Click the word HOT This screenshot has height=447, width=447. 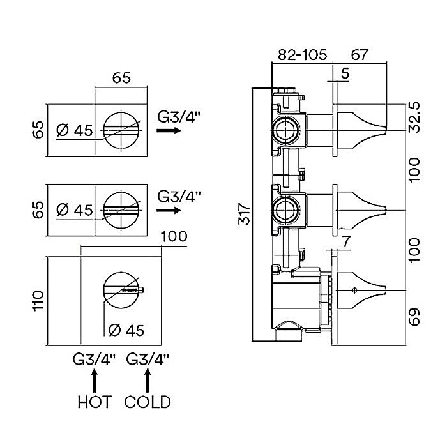pos(95,402)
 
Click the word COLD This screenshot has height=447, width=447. pos(148,402)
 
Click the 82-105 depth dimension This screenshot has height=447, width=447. pos(302,55)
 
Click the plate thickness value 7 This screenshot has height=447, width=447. pos(345,242)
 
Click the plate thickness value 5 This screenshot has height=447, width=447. pos(345,74)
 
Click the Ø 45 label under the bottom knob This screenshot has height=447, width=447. pos(126,330)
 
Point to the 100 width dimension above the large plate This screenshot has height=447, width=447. pos(172,237)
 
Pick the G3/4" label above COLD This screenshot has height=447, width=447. pos(148,360)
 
